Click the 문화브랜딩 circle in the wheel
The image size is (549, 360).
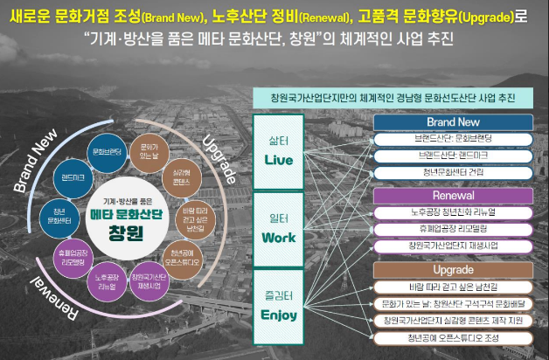tap(107, 151)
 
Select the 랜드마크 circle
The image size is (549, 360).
tap(72, 178)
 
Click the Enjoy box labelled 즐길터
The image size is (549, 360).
tap(279, 307)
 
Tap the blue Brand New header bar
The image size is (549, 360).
tap(454, 123)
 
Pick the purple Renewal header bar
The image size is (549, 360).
tap(454, 195)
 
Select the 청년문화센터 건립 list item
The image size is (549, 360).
tap(454, 172)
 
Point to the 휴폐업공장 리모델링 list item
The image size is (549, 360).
tap(454, 229)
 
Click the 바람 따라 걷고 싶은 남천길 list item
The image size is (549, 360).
tap(454, 287)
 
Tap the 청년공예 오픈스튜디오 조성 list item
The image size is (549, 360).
tap(454, 338)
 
